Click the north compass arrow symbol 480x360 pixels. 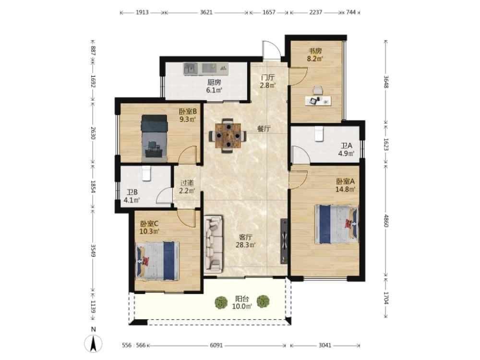[x=94, y=344]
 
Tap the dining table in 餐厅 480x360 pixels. [x=228, y=135]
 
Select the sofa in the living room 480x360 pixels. [x=214, y=244]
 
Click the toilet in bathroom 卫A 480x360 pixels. [x=319, y=133]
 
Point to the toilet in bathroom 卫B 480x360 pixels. [x=146, y=173]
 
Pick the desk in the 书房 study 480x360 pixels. [x=318, y=101]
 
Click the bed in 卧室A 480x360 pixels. [x=336, y=224]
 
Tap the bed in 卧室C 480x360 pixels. [x=157, y=261]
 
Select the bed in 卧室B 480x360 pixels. [x=154, y=138]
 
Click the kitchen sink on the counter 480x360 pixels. [x=191, y=69]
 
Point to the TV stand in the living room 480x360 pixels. [x=284, y=241]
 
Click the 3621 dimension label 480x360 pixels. [x=206, y=12]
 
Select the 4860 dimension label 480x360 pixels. [x=386, y=221]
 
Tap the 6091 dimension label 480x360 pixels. [x=216, y=345]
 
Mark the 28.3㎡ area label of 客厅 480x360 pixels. [x=245, y=245]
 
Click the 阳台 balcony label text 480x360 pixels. [x=242, y=299]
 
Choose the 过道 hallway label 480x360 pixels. [x=187, y=183]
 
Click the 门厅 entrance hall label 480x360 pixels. [x=268, y=77]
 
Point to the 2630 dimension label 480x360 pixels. [x=93, y=133]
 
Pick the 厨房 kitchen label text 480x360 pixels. [x=214, y=83]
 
